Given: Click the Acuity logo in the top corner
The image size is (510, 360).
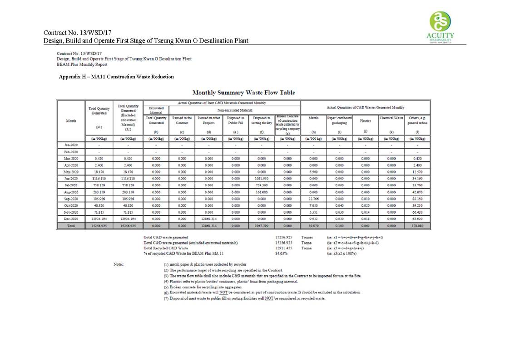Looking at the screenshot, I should (441, 26).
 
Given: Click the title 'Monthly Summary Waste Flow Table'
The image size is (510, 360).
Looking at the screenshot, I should (243, 92).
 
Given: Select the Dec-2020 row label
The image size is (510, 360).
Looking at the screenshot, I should (71, 219).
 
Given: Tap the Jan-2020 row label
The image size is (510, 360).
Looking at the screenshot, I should (71, 145).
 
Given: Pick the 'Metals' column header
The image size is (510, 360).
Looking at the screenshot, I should (313, 118).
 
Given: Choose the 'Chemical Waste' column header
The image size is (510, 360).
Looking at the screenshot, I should (391, 118).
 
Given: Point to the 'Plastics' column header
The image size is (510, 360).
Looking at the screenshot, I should (366, 121).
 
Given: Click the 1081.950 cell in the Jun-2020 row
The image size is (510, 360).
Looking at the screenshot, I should (262, 180).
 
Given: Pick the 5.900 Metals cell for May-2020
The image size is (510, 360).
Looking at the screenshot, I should (313, 173).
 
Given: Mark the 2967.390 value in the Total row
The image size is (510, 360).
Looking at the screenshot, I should (262, 225).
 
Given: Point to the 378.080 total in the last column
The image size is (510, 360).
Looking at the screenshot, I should (417, 225).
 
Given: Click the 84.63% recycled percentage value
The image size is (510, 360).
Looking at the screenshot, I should (282, 253).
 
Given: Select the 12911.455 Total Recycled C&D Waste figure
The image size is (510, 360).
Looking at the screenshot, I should (284, 248).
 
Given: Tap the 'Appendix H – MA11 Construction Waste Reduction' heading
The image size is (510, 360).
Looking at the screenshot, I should (116, 77).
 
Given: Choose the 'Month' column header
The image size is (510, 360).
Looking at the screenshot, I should (71, 121).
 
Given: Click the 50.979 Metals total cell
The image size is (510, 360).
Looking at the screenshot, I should (313, 225).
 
